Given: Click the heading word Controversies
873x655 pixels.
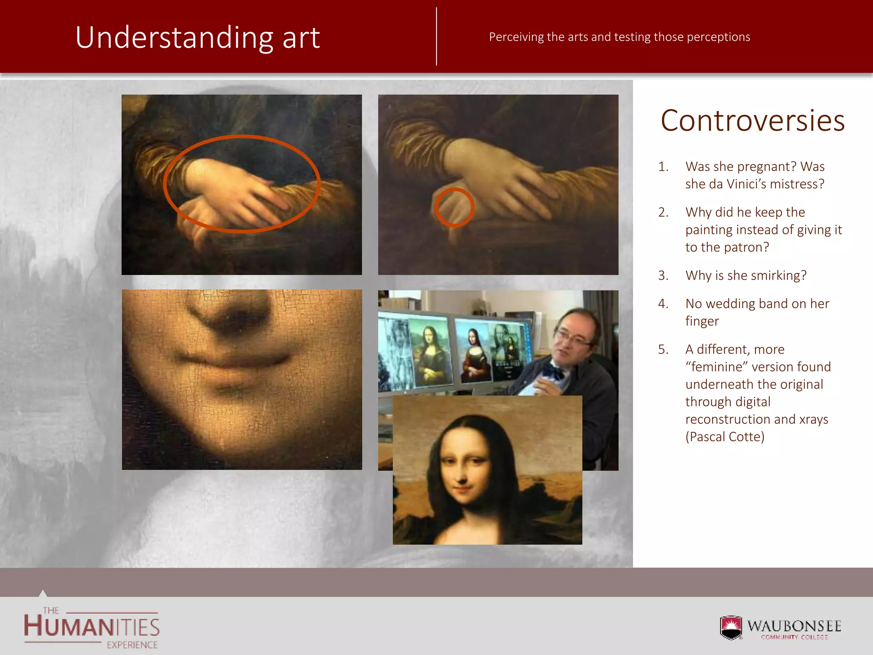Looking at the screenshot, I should (752, 121).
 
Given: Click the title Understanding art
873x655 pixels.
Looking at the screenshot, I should (197, 38).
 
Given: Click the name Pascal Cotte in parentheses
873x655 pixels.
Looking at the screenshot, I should (725, 437).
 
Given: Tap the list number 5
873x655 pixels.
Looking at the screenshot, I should (663, 349).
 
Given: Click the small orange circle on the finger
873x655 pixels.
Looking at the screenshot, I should (454, 207).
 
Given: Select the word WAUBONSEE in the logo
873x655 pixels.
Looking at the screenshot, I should (794, 626).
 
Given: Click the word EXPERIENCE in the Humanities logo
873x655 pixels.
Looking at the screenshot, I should (132, 645).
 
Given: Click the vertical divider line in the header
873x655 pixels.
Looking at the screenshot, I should (436, 37).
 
